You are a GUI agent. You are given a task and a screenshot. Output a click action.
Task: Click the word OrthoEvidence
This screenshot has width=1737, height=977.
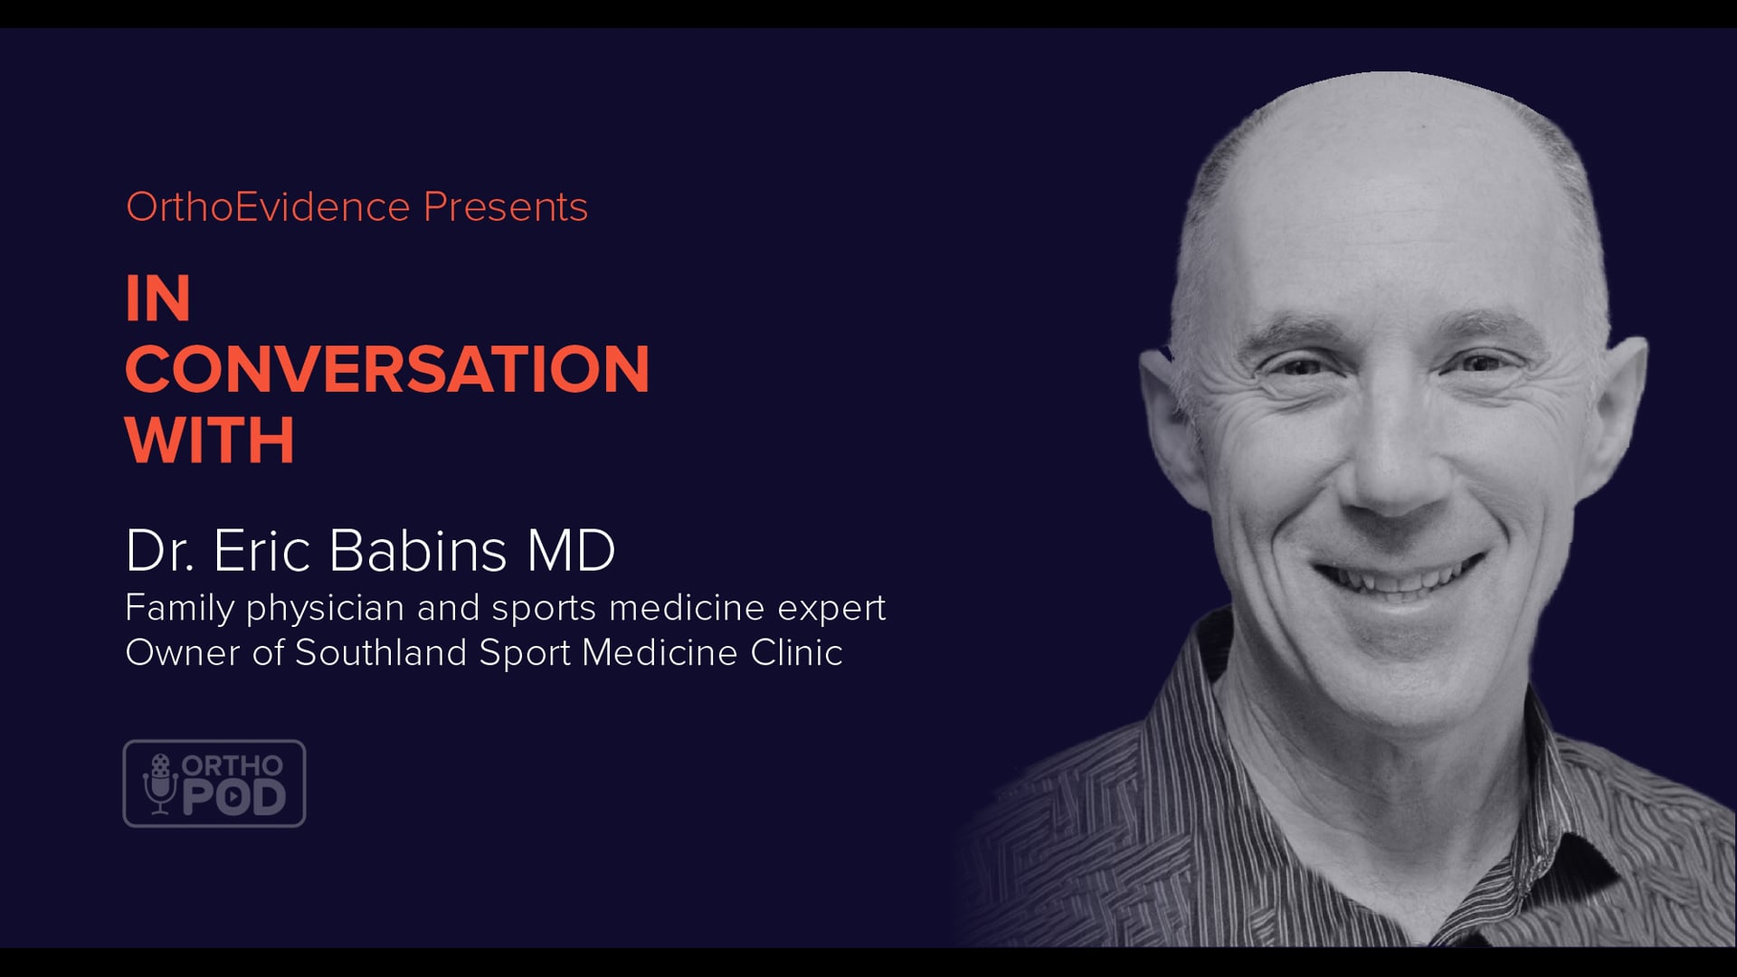tap(269, 207)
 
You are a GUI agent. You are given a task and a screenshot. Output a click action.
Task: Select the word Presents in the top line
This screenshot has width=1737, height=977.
tap(506, 207)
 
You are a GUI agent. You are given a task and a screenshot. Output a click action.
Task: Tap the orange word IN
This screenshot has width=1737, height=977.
tap(158, 299)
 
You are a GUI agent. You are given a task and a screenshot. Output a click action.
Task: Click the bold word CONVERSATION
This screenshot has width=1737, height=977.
tap(387, 369)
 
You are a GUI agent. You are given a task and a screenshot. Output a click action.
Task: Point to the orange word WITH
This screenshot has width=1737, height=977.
tap(210, 441)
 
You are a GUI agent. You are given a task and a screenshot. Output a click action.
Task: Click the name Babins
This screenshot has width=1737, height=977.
tap(418, 550)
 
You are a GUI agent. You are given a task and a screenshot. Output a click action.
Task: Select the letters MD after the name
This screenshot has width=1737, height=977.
tap(571, 550)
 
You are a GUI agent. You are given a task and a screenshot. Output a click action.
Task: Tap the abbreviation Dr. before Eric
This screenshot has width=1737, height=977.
tap(160, 550)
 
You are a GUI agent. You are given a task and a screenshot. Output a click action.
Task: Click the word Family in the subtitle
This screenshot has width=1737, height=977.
tap(180, 609)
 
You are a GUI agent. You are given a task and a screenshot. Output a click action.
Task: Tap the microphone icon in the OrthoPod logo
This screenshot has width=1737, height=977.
tap(160, 783)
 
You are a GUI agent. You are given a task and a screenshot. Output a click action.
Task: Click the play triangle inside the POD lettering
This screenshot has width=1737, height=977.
tap(233, 797)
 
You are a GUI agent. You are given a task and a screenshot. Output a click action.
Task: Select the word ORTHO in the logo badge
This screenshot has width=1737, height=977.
tap(233, 766)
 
